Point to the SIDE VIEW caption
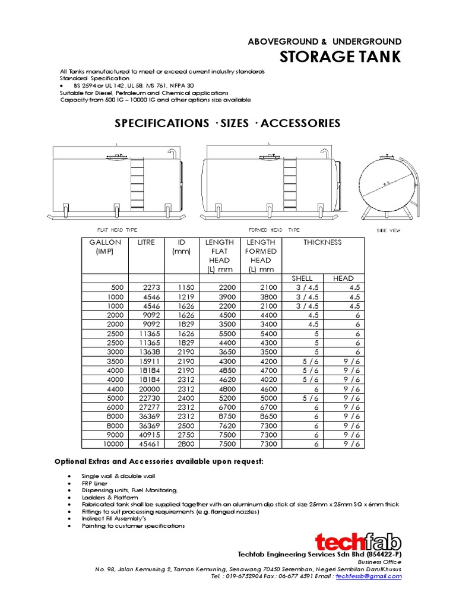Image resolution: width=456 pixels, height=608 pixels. pos(389,230)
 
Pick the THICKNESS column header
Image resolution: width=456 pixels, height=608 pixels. pos(322,242)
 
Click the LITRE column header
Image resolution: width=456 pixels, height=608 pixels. pos(147,242)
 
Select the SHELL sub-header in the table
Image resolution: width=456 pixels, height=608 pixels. pos(302,278)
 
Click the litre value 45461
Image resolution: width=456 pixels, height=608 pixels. pos(149,444)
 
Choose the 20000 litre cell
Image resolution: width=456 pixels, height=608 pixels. pos(149,389)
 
